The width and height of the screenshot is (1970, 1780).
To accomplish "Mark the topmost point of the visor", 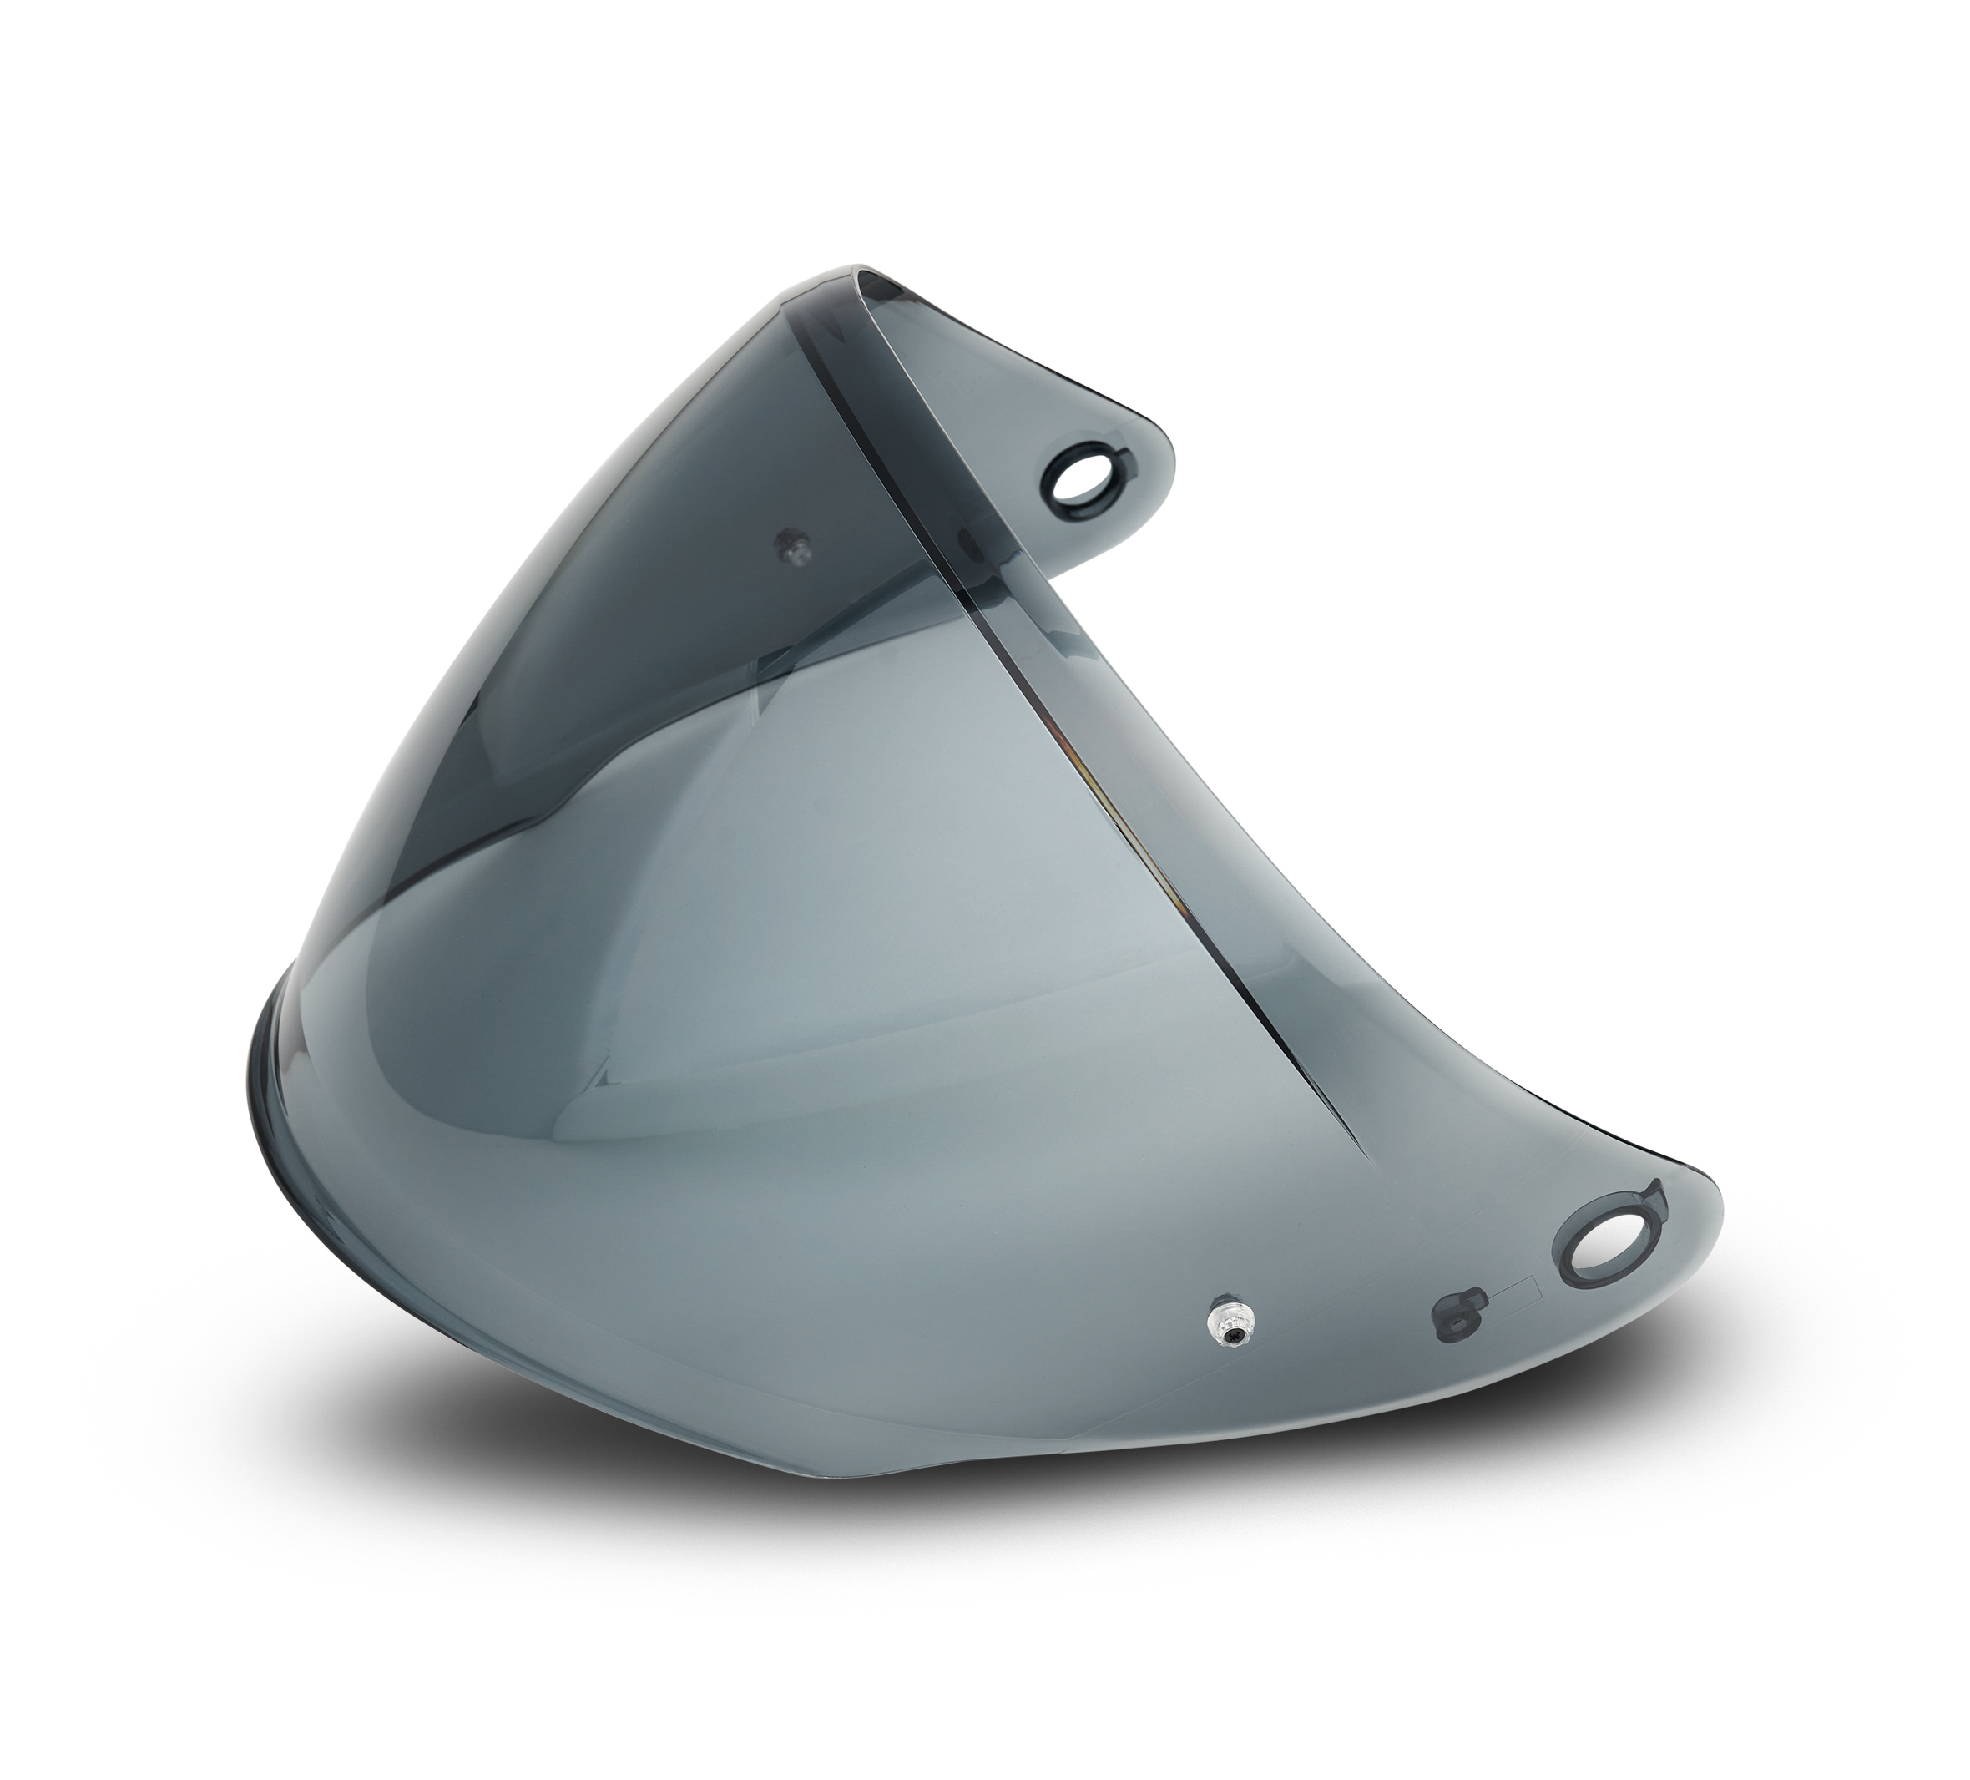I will [x=860, y=265].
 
